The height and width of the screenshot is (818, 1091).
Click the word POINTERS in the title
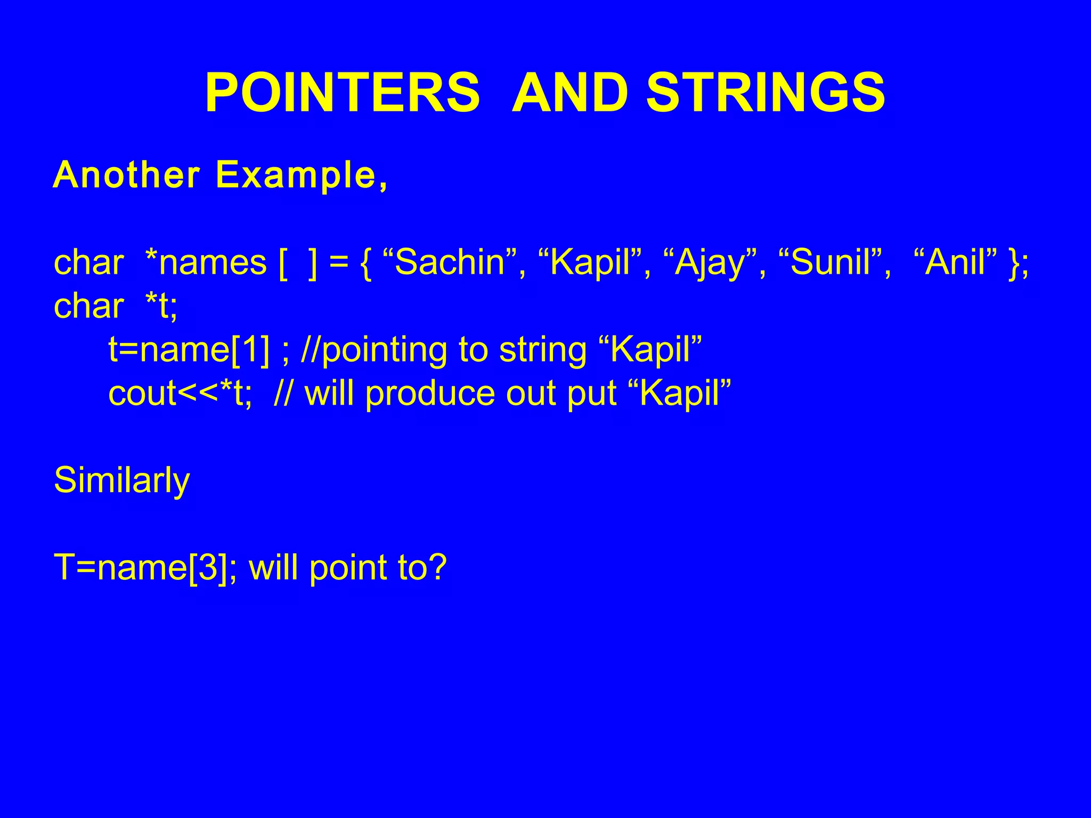point(343,93)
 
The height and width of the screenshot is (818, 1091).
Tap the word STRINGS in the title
point(766,93)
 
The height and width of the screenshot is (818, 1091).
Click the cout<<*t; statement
point(180,394)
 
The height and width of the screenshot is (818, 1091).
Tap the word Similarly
point(121,481)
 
